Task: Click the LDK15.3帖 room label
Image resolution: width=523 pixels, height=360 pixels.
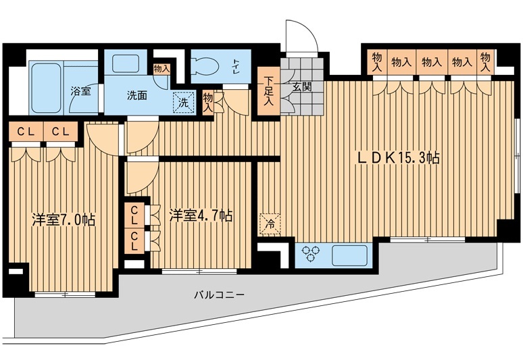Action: click(x=398, y=157)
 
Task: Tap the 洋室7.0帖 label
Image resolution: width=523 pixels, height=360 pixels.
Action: click(x=64, y=220)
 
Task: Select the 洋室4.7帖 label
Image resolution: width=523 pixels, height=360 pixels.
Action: click(x=201, y=215)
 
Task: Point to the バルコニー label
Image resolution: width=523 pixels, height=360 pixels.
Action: click(x=220, y=294)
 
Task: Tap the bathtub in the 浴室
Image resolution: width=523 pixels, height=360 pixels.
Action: click(x=47, y=87)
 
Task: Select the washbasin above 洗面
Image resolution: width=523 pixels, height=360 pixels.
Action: click(x=126, y=63)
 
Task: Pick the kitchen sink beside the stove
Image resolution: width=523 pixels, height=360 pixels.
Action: click(x=349, y=256)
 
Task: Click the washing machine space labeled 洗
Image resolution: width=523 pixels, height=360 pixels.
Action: click(x=183, y=102)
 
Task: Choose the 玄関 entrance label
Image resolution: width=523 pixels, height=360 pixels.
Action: click(x=302, y=86)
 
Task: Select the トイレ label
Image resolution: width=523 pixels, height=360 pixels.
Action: click(x=236, y=66)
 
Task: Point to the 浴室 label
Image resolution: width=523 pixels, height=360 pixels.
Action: click(x=80, y=91)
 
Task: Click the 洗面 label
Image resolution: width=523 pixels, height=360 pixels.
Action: click(x=137, y=95)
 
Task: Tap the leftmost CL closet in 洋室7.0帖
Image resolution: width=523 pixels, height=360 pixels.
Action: click(x=26, y=132)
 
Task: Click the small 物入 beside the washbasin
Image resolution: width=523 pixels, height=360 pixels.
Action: click(x=161, y=69)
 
